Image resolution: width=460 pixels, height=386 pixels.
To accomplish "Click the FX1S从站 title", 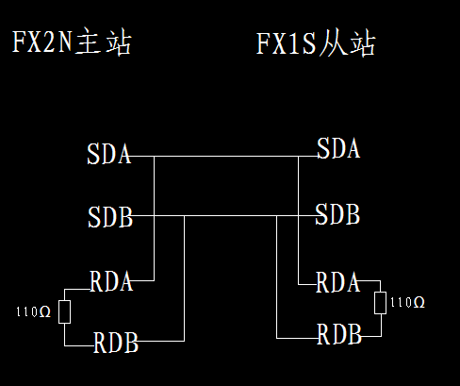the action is point(316,43).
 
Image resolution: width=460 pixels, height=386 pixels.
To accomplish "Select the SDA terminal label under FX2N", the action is point(109,154).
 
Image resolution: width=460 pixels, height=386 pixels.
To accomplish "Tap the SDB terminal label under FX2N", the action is point(110,217).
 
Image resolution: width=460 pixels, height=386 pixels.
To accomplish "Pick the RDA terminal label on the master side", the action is point(111,281).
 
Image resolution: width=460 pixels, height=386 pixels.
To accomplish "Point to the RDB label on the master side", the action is point(116,343).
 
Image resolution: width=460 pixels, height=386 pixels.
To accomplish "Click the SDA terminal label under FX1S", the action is point(338,148).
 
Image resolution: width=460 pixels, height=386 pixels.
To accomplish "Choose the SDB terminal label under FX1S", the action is point(337,214).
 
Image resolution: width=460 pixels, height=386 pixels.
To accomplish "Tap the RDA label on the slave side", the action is point(337,282).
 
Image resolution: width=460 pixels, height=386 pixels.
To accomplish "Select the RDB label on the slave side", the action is point(339,334).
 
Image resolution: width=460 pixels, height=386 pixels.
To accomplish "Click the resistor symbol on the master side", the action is point(64,311).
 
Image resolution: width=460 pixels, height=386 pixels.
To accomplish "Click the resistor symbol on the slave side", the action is point(381,303).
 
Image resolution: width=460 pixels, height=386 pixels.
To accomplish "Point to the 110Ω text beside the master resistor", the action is point(33,311).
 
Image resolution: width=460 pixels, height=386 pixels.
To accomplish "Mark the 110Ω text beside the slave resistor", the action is point(407,302).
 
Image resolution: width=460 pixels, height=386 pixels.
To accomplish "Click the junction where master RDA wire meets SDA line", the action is point(154,156).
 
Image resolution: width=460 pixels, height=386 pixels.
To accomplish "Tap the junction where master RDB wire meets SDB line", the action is point(184,216).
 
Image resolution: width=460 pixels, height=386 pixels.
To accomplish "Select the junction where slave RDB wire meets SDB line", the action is point(276,216).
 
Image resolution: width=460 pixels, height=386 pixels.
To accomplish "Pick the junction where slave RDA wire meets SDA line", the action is point(298,156).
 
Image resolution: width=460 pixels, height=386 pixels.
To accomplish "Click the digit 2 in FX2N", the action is point(48,42).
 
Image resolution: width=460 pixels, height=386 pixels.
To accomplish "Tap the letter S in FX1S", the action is point(309,43).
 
